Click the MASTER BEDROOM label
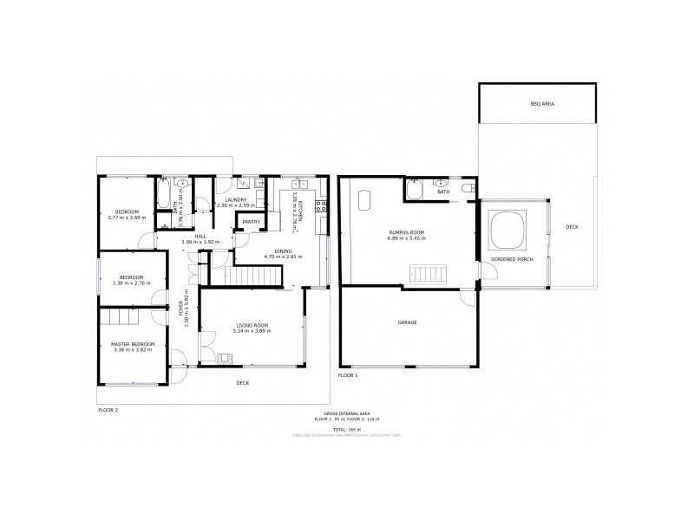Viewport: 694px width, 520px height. coord(133,345)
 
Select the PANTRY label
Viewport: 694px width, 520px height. coord(252,222)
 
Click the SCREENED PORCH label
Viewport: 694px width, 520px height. coord(512,259)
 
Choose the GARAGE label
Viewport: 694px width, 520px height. coord(407,322)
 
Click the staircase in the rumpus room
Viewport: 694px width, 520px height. coord(429,276)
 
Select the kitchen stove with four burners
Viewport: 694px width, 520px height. coord(320,206)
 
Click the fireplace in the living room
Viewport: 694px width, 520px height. coord(226,357)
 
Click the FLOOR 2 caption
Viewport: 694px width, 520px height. coord(108,411)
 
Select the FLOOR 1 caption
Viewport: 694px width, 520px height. coord(347,375)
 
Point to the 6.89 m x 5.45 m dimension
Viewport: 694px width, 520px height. coord(407,237)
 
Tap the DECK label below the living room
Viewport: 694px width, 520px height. coord(242,382)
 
